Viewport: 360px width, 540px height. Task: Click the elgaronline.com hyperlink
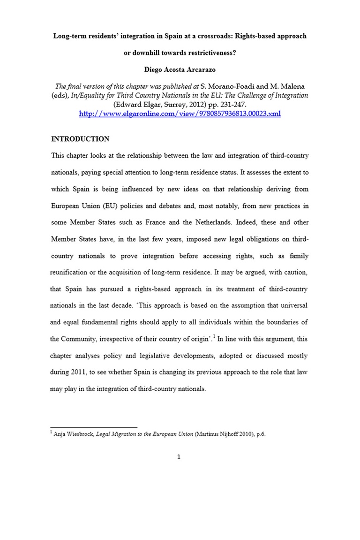(180, 114)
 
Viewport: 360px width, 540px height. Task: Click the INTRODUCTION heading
(80, 139)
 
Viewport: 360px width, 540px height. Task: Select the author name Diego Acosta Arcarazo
(180, 73)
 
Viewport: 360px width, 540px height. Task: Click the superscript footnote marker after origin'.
(214, 335)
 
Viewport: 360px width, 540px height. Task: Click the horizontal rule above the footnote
(94, 427)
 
